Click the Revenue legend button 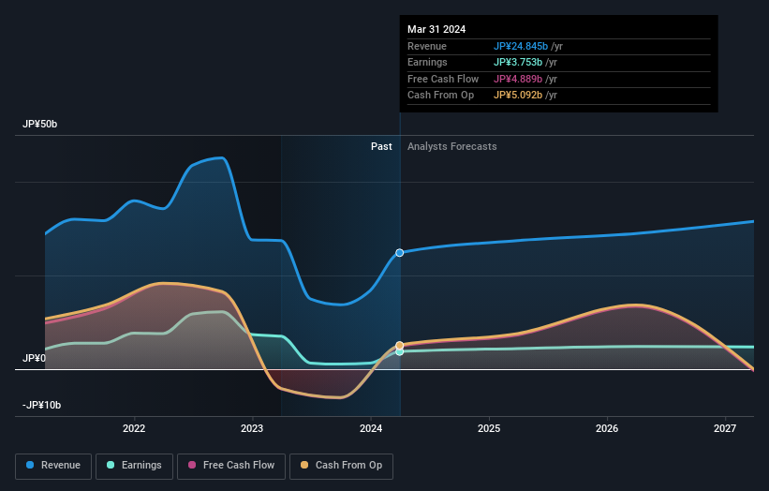click(x=53, y=465)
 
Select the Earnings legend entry click(x=133, y=465)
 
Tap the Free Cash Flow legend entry click(x=234, y=465)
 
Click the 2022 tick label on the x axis click(x=134, y=428)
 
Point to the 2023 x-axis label click(x=252, y=428)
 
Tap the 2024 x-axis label click(x=371, y=428)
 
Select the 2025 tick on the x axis click(x=489, y=428)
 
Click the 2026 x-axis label click(x=607, y=428)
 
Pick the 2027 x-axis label click(x=725, y=428)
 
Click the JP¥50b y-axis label click(x=41, y=125)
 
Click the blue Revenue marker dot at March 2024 click(x=400, y=253)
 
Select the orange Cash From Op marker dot click(x=400, y=346)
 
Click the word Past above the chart click(x=381, y=146)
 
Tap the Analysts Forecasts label click(x=451, y=146)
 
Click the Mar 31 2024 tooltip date click(x=436, y=29)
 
